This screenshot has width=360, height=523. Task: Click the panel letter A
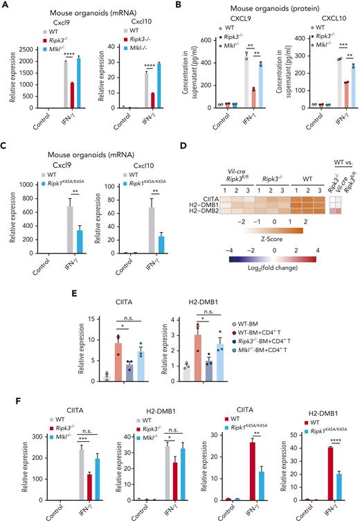pyautogui.click(x=5, y=6)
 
